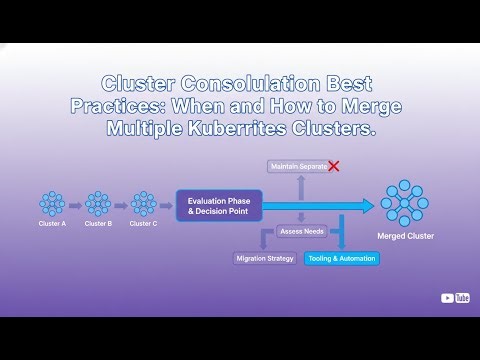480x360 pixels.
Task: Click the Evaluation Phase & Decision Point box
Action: [219, 206]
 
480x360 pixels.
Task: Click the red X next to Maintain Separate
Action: [334, 165]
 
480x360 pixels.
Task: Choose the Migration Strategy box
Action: [265, 258]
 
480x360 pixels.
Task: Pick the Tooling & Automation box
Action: [342, 258]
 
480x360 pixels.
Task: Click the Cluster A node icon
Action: [52, 204]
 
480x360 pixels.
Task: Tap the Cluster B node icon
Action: [98, 204]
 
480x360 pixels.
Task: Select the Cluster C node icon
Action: [144, 204]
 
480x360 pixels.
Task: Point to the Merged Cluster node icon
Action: [405, 204]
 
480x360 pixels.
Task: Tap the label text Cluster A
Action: [52, 224]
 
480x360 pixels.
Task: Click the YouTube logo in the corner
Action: [455, 297]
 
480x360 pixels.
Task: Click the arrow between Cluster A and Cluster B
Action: [75, 204]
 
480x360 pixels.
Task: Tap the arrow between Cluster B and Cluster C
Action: [121, 204]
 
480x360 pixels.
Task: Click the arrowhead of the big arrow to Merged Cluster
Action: [366, 206]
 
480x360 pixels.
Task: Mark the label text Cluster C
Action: [144, 224]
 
